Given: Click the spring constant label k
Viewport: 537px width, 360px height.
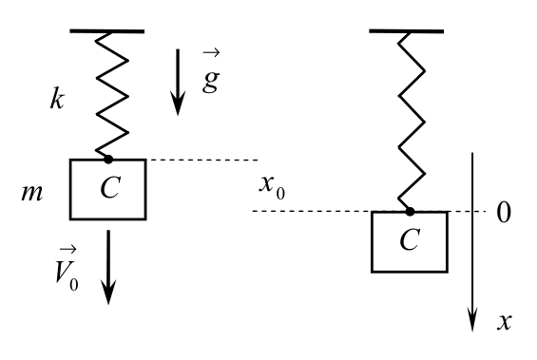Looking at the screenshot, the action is [x=57, y=99].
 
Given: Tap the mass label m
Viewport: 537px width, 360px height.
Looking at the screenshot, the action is [x=32, y=193].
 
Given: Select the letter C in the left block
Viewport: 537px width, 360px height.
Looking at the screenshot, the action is [x=110, y=187].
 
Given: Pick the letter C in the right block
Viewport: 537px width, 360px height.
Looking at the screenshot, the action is [x=410, y=239].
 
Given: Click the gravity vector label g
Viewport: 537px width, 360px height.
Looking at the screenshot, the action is [x=211, y=72].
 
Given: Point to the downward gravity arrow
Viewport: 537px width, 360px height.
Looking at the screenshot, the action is [x=178, y=83].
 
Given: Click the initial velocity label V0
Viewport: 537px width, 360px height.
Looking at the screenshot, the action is [x=67, y=269].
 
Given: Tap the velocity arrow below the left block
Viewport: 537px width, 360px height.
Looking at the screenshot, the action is [x=108, y=267].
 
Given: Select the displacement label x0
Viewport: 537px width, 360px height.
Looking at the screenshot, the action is [x=272, y=187].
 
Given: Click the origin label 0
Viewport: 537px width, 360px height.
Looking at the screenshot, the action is [x=504, y=213].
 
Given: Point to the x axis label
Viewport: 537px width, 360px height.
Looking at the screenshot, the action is [x=505, y=322].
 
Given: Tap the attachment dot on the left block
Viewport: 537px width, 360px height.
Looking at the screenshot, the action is [x=108, y=160].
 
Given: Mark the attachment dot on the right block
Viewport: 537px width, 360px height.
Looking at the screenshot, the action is [x=410, y=212].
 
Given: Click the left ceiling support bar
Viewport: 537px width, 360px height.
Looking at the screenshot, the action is [x=107, y=31].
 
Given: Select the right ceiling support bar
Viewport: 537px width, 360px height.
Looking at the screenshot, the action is [x=407, y=31].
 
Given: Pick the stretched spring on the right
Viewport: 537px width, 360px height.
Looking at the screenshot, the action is [x=412, y=122].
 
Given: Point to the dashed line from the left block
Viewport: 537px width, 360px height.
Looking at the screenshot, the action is [x=202, y=160].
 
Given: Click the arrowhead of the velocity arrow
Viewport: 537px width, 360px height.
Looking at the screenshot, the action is [x=108, y=292].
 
